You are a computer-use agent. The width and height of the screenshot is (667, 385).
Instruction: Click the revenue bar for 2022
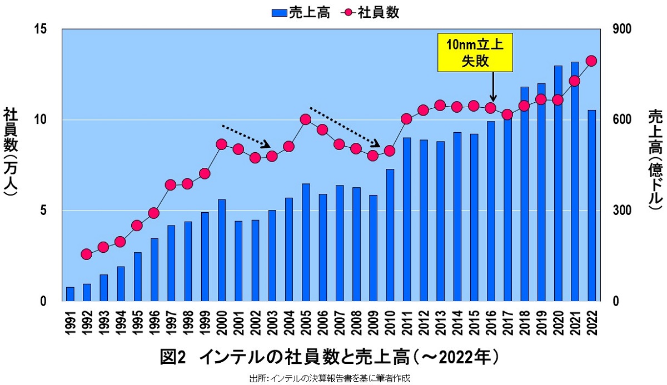591,206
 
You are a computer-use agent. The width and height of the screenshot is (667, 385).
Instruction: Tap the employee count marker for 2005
305,119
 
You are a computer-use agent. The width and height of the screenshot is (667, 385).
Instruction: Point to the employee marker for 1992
86,254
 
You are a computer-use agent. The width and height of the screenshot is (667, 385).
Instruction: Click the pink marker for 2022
591,61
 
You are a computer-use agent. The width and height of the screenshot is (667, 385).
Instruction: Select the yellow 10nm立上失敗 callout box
475,52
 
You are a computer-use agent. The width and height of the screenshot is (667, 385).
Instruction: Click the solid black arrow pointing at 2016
493,87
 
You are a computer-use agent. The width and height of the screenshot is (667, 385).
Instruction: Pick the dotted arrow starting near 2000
246,136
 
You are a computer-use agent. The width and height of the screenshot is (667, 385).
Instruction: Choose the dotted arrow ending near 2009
345,127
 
